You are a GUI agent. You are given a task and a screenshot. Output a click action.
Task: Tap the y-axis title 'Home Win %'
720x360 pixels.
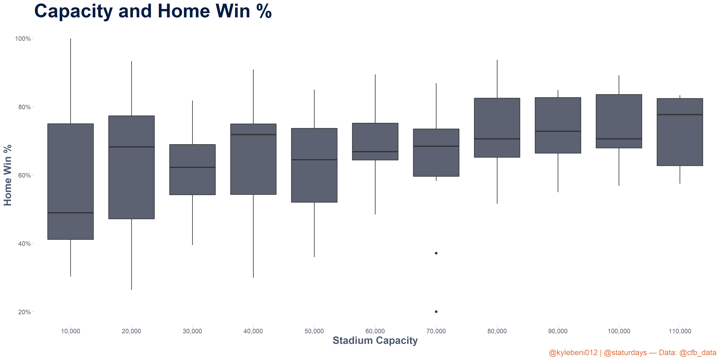click(8, 175)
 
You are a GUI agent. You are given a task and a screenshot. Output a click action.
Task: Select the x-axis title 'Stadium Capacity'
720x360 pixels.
click(375, 340)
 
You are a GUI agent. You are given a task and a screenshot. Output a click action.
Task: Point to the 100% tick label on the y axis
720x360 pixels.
click(23, 39)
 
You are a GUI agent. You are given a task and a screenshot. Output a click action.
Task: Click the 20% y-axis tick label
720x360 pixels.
click(24, 312)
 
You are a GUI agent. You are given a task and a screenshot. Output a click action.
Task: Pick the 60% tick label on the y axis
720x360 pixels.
click(24, 175)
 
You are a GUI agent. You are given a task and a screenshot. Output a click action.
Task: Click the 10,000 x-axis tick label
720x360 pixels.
click(70, 331)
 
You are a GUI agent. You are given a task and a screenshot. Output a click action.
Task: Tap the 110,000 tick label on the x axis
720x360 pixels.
click(680, 331)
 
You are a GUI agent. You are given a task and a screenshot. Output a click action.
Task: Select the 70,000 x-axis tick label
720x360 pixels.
click(436, 331)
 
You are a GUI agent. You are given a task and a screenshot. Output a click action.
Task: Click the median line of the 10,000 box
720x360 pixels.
click(70, 213)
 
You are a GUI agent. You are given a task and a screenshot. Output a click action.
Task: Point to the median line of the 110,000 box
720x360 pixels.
click(680, 115)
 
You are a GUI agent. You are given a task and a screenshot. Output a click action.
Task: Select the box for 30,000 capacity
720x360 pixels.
click(192, 170)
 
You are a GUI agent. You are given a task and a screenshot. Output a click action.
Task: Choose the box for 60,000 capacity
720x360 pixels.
click(375, 141)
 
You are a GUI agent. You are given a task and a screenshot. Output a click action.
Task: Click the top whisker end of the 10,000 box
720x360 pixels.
click(70, 39)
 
